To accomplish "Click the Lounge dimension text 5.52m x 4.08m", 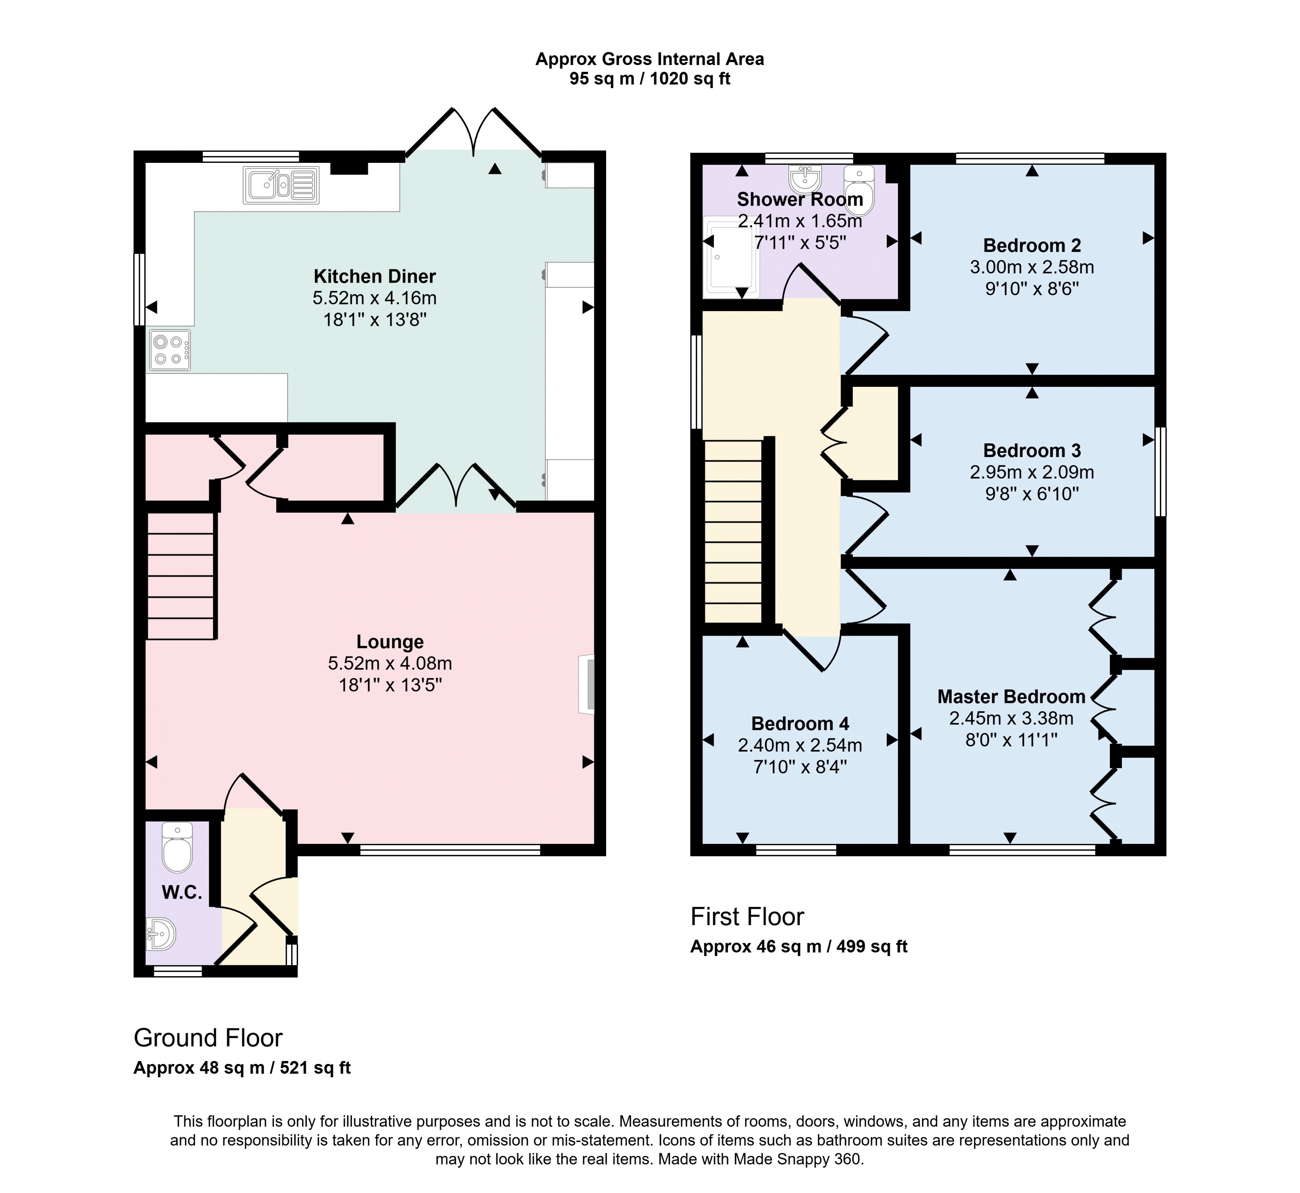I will [390, 663].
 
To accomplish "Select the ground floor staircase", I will [181, 576].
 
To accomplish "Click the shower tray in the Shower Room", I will [731, 257].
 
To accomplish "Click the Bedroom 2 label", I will [1031, 245].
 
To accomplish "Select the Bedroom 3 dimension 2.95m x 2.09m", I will [1031, 472].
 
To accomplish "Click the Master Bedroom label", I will [1011, 696].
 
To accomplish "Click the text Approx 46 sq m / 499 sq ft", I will [798, 946].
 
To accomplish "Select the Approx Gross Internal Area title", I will [649, 59].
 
